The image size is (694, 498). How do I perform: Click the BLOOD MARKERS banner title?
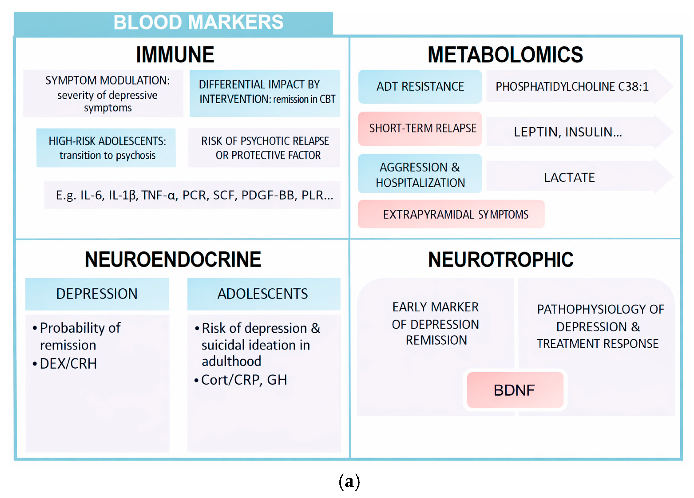(x=198, y=22)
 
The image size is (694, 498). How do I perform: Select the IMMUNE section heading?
(x=175, y=55)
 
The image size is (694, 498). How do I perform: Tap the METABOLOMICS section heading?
(x=505, y=55)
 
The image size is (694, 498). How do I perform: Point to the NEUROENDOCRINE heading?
(x=173, y=259)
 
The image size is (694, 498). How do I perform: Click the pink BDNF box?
(x=515, y=390)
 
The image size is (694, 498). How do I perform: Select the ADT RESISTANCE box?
(x=420, y=87)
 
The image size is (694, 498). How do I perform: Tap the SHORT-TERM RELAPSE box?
(x=420, y=128)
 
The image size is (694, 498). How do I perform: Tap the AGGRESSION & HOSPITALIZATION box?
(x=420, y=174)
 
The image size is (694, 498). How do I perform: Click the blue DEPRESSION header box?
(x=97, y=294)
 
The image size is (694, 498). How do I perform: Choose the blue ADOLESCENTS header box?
(x=263, y=294)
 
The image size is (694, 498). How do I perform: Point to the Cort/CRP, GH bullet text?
(x=244, y=380)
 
